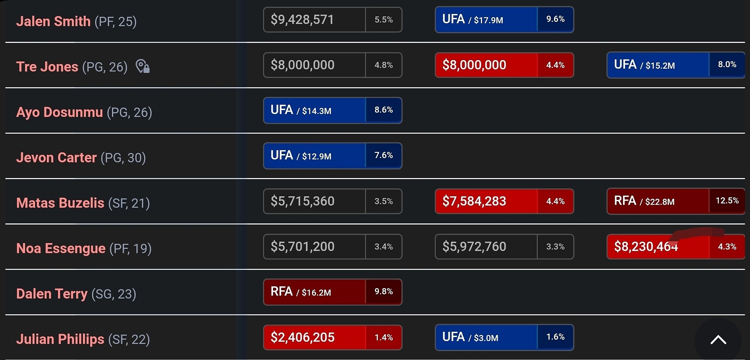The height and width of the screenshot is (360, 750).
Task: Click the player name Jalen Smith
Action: (x=53, y=21)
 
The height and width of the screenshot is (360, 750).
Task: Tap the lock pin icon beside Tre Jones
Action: (x=143, y=66)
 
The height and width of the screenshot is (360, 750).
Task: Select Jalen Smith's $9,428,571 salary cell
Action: (x=314, y=20)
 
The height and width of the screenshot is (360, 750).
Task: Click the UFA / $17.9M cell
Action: (x=486, y=20)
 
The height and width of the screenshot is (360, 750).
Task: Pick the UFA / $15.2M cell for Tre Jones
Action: (x=658, y=65)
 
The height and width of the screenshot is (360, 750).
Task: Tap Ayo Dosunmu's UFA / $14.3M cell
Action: (x=314, y=110)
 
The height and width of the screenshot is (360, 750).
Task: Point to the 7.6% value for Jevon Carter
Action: (x=384, y=155)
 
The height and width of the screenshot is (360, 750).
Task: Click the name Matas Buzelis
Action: (x=60, y=203)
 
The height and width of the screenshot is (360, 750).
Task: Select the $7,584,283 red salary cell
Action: (x=486, y=201)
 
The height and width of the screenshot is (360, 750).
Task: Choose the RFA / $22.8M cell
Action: (x=658, y=201)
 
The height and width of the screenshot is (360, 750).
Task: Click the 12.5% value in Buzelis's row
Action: (x=727, y=201)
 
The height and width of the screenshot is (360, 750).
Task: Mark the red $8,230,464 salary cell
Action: (x=658, y=246)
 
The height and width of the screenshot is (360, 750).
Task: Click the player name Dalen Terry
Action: (x=52, y=294)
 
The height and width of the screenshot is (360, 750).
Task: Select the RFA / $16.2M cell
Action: (x=314, y=292)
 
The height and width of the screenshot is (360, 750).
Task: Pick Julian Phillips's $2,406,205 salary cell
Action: (x=314, y=337)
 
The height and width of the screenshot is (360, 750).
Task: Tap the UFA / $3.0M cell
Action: (x=486, y=337)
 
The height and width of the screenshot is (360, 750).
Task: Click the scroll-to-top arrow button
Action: (x=718, y=340)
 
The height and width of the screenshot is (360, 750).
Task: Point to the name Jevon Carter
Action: (x=56, y=157)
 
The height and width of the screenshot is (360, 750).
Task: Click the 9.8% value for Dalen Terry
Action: (x=384, y=292)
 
